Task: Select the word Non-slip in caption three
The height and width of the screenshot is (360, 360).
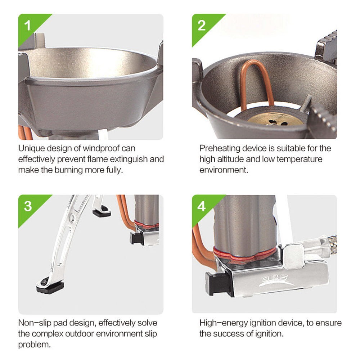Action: pyautogui.click(x=35, y=323)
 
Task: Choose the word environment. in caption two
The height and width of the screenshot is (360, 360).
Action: pyautogui.click(x=224, y=170)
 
